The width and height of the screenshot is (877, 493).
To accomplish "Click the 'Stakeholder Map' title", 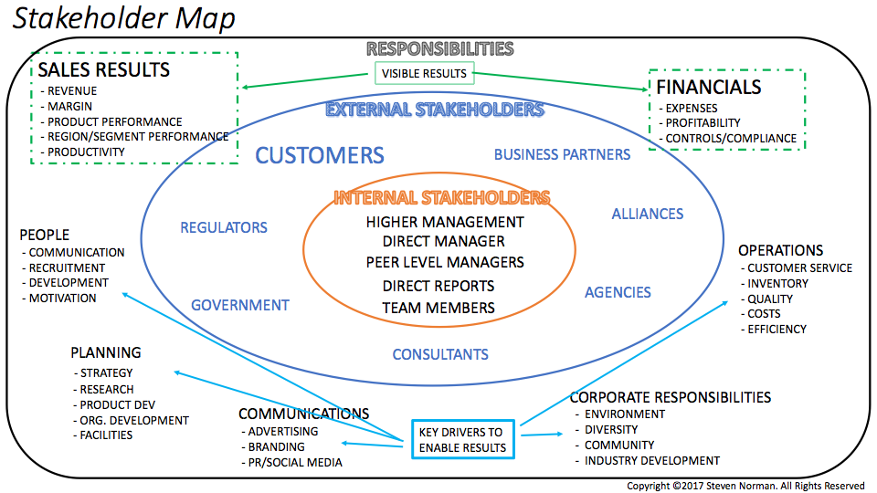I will [x=123, y=18].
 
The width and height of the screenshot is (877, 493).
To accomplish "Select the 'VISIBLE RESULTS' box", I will [x=424, y=73].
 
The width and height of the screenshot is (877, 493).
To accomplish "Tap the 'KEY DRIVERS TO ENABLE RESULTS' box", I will [x=462, y=440].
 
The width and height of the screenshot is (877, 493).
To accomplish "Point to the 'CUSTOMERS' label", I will [x=320, y=155].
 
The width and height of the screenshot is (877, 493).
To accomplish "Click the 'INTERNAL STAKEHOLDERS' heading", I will [x=441, y=197].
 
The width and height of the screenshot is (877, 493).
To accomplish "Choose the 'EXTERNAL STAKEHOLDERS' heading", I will [x=435, y=110].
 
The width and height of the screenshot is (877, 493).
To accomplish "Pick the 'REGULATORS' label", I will [x=224, y=227].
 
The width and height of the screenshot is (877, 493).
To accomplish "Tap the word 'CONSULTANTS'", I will [x=440, y=354].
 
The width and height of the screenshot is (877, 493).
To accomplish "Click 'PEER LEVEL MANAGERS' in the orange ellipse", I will [x=445, y=262].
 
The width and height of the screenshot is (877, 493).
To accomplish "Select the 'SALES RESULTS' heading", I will [x=103, y=70].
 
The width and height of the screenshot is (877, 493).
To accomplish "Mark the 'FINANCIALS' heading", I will [x=709, y=88].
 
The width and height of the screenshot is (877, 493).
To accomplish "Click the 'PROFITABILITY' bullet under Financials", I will [x=703, y=122].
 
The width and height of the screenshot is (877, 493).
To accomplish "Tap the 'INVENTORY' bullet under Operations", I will [x=777, y=283].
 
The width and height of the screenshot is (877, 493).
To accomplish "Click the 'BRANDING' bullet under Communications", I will [x=277, y=446].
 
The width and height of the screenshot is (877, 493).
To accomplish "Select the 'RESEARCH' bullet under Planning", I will [x=107, y=389].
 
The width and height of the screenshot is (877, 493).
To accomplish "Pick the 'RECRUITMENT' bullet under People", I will [x=67, y=267].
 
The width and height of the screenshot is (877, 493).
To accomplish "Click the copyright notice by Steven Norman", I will [x=745, y=485].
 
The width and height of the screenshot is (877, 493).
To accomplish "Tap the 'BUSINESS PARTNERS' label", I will [x=562, y=154].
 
